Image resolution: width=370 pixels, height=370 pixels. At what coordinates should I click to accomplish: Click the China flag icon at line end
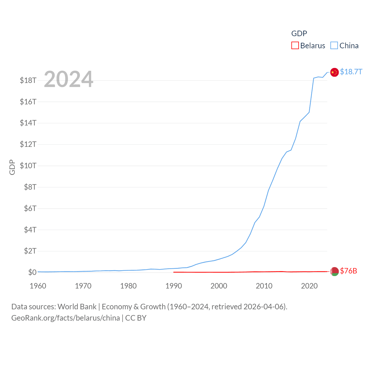tap(334, 72)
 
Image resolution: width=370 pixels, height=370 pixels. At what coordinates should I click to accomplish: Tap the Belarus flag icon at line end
tap(334, 271)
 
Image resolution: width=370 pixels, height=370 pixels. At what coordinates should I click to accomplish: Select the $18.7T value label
tap(351, 72)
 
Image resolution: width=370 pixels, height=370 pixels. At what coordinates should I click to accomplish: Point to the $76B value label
tap(348, 271)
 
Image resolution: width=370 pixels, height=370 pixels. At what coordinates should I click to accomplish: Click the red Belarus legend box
tap(295, 46)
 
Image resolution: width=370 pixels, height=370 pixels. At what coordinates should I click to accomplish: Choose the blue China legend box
tap(334, 46)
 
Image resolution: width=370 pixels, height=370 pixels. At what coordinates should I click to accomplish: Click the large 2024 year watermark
tap(69, 79)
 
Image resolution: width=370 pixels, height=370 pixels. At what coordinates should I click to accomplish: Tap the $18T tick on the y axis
tap(28, 80)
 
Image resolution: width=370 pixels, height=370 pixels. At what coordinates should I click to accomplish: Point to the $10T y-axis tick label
tap(28, 166)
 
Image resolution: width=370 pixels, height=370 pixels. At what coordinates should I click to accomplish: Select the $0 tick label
tap(32, 272)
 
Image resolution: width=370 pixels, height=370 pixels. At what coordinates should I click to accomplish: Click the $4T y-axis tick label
tap(30, 230)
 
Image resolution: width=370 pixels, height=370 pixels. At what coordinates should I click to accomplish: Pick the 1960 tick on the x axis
tap(38, 286)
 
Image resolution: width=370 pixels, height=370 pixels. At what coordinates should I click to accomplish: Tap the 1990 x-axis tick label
tap(174, 286)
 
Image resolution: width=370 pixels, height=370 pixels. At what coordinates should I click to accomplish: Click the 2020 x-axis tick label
tap(309, 286)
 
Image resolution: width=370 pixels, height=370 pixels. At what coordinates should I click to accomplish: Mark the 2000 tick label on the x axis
tap(219, 286)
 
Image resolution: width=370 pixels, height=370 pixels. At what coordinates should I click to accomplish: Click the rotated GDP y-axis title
tap(12, 167)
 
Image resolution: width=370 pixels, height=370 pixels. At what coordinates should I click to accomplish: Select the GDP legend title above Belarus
tap(299, 34)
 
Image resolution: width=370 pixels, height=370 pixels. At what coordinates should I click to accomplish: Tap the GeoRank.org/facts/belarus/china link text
tap(66, 318)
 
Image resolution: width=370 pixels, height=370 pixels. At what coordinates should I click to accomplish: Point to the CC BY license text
tap(136, 318)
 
